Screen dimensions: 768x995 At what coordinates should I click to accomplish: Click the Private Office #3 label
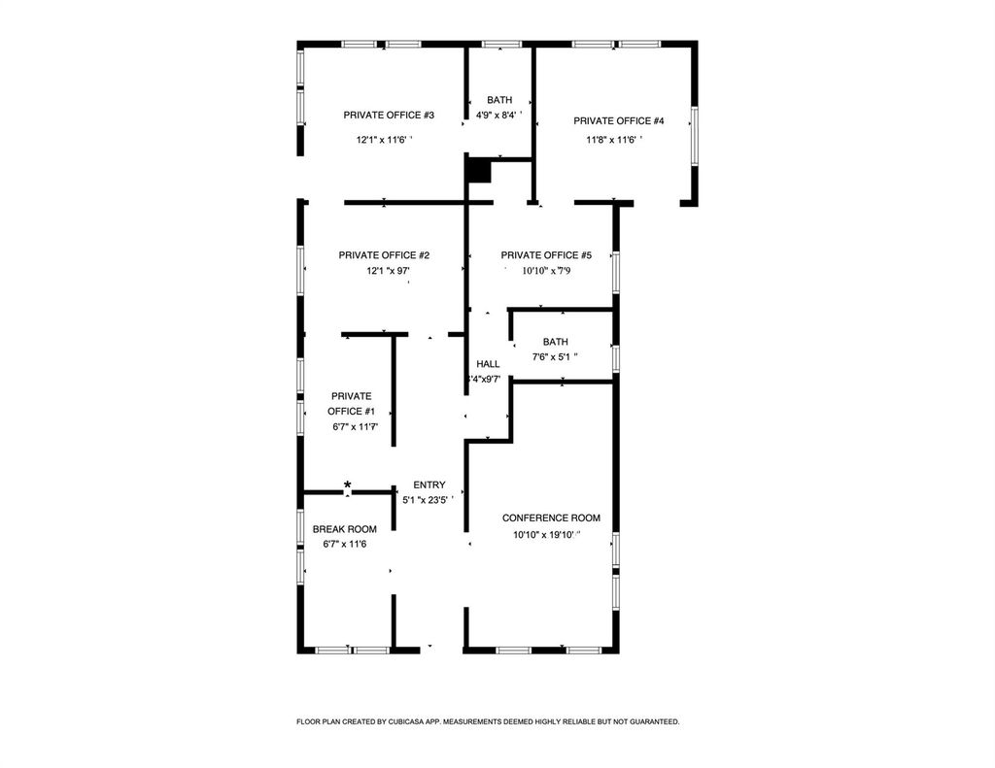pyautogui.click(x=389, y=116)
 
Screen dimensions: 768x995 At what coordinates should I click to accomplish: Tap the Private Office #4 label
pyautogui.click(x=619, y=121)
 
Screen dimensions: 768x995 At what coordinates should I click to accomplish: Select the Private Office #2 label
pyautogui.click(x=384, y=255)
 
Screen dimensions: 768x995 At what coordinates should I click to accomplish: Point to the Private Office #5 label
pyautogui.click(x=546, y=255)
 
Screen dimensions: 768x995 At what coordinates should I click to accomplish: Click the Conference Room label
pyautogui.click(x=551, y=518)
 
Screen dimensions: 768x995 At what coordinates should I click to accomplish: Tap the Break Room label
pyautogui.click(x=344, y=529)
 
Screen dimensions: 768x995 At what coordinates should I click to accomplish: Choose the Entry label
pyautogui.click(x=429, y=485)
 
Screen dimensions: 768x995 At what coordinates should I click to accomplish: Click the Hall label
pyautogui.click(x=488, y=364)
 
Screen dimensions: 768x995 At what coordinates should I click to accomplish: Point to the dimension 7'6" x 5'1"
pyautogui.click(x=555, y=357)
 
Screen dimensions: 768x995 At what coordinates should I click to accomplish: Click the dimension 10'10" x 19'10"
pyautogui.click(x=545, y=535)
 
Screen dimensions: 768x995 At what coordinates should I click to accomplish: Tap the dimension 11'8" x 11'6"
pyautogui.click(x=613, y=140)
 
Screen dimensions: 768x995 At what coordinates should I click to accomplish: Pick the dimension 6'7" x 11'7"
pyautogui.click(x=355, y=426)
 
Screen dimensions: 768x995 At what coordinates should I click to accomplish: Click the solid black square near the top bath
pyautogui.click(x=477, y=171)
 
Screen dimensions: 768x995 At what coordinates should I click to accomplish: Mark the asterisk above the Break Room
pyautogui.click(x=348, y=485)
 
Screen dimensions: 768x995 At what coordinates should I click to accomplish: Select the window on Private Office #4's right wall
pyautogui.click(x=694, y=136)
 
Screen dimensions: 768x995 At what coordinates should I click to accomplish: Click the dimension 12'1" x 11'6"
pyautogui.click(x=384, y=140)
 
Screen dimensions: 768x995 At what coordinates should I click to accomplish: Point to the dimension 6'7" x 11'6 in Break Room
pyautogui.click(x=345, y=544)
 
